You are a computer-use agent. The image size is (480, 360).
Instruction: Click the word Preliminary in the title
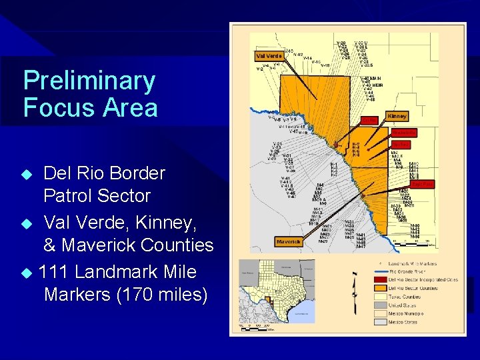[89, 81]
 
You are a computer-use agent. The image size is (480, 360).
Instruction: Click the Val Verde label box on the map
[269, 56]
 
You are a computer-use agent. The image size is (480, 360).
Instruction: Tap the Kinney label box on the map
[397, 117]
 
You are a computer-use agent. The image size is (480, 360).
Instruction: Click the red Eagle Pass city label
[422, 183]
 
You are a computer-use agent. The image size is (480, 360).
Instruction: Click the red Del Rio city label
[369, 120]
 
